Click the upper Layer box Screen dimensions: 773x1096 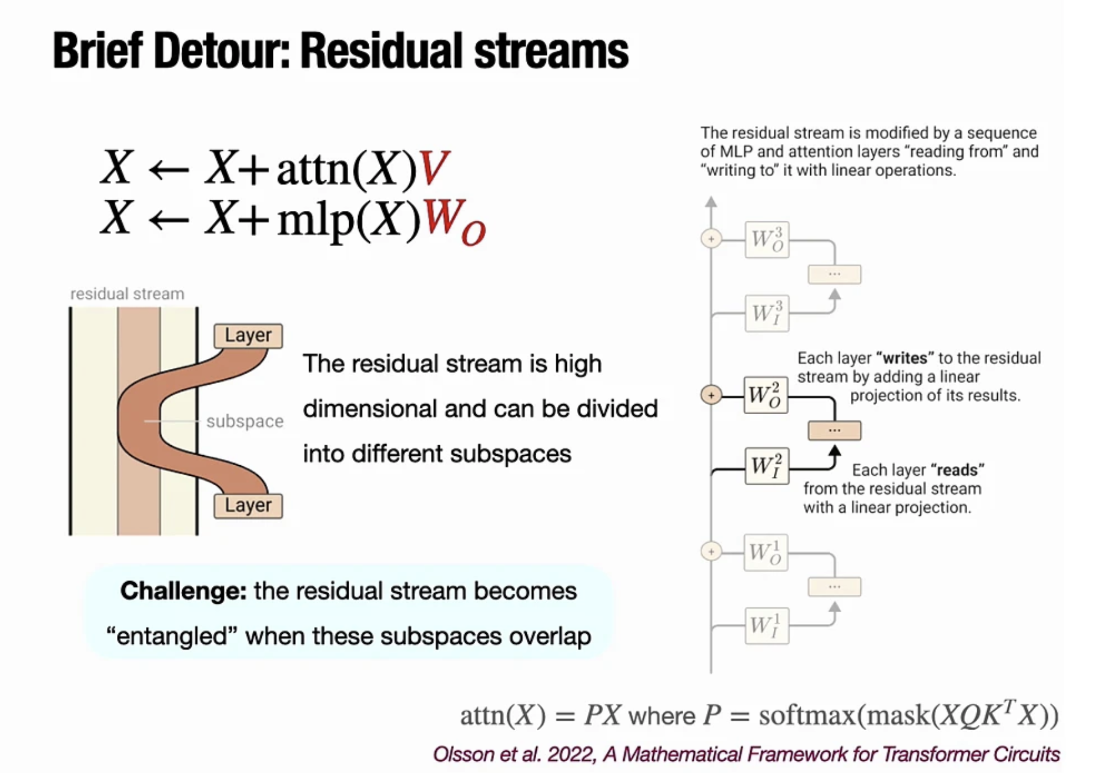[248, 335]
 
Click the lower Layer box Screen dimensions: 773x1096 [248, 505]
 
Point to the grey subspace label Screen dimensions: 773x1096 [245, 421]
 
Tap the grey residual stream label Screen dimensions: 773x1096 [127, 294]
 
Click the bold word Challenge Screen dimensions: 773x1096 [183, 591]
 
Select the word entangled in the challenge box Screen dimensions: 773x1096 [172, 636]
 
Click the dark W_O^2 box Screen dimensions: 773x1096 [766, 395]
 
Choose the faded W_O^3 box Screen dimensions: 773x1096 [767, 240]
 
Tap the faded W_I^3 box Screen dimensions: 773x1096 [767, 313]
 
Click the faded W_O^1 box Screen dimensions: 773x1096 [766, 553]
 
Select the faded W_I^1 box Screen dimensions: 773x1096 [767, 626]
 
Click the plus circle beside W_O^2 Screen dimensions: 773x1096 [711, 395]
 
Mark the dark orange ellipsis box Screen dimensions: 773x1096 [834, 431]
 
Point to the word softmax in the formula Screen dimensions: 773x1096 [807, 715]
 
